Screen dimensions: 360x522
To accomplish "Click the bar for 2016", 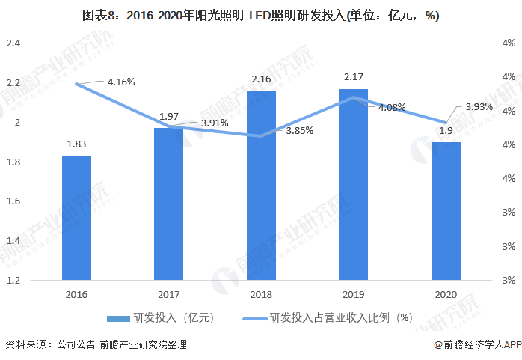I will (76, 218).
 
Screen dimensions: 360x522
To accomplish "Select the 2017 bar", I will (168, 204).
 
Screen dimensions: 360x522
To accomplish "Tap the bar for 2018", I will (261, 185).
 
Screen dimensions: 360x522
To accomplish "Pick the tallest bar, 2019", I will (353, 184).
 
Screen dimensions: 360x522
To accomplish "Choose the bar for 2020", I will (446, 211).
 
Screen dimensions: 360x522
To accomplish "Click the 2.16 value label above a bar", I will (261, 79).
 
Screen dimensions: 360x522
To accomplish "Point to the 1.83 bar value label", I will (76, 144).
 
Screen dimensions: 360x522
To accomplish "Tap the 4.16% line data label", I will (120, 82).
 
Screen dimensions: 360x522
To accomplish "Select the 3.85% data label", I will (299, 130).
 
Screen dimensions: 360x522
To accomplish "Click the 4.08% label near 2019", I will (391, 108).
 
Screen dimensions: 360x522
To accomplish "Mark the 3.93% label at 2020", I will (479, 107).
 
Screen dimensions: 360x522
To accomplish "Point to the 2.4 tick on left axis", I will (13, 43).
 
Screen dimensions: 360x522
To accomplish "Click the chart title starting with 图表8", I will (261, 16).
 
